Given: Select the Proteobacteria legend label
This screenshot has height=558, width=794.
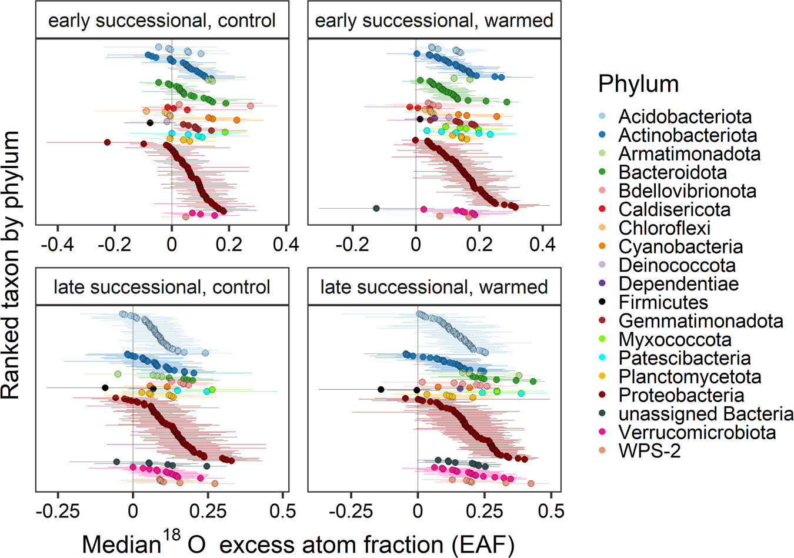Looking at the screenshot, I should pos(681,395).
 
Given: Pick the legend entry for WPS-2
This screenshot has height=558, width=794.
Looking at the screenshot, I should pos(649,451).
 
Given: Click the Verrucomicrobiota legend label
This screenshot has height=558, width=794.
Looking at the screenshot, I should pos(697,433).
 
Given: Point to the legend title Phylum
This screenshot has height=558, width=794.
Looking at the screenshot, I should pos(638,84).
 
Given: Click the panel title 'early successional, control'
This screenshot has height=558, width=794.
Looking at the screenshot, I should pos(162,21).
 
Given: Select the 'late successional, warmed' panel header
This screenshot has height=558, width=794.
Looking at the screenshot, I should pos(434,287).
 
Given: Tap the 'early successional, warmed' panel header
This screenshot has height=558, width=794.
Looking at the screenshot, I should pos(434,21).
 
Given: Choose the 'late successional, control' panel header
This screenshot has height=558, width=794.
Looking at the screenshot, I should pos(162,287).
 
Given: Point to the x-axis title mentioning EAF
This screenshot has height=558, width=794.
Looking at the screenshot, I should pos(298,544).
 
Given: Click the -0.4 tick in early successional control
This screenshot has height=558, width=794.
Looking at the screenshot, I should pos(57,243).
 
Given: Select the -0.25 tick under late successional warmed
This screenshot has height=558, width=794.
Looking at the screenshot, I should pos(351,510).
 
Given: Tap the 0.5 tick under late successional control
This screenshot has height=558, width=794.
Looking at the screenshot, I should pos(282,510).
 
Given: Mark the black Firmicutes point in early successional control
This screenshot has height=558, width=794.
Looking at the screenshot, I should pos(150,123).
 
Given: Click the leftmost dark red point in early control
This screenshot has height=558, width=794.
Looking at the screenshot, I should pos(108,142).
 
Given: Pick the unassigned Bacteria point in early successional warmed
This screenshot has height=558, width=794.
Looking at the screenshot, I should pos(376,208).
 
